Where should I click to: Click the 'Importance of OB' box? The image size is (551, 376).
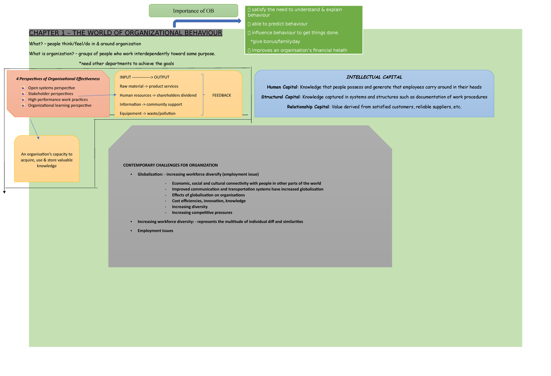click(x=193, y=11)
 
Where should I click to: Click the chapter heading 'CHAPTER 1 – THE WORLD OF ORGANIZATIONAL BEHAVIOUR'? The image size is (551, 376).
click(x=125, y=33)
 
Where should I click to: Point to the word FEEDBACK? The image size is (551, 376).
click(x=222, y=95)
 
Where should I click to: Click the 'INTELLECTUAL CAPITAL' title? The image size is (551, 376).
click(x=374, y=77)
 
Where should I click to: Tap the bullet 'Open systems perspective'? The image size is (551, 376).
click(x=51, y=88)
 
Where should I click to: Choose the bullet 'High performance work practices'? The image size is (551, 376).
click(x=58, y=99)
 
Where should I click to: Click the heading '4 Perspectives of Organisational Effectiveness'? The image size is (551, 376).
click(x=58, y=79)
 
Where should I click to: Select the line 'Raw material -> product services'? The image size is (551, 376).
click(x=149, y=86)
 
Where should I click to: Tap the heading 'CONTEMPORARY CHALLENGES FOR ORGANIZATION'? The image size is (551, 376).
click(x=170, y=165)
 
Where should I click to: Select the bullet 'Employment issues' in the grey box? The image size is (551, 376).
click(x=155, y=231)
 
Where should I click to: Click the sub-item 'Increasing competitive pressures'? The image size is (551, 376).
click(x=202, y=213)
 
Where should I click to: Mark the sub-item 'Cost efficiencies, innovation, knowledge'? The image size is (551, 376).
click(x=208, y=201)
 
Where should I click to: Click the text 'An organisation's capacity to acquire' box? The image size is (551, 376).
click(x=47, y=160)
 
